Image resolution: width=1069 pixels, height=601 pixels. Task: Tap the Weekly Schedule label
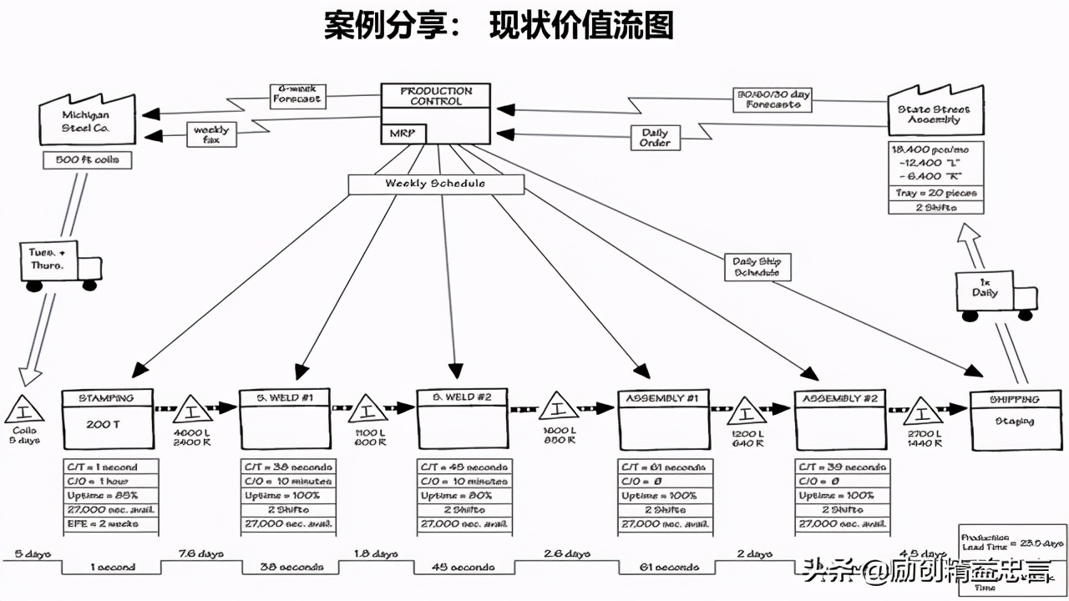tap(435, 184)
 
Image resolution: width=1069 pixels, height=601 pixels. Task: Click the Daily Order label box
tap(655, 138)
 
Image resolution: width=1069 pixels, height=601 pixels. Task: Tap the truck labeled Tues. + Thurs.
tap(58, 265)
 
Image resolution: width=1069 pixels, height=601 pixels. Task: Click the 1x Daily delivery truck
tap(995, 294)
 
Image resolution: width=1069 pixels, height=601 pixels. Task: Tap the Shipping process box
tap(1014, 421)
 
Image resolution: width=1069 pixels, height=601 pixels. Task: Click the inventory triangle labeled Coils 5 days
tap(24, 412)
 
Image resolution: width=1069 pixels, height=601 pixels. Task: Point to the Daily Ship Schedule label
tap(757, 266)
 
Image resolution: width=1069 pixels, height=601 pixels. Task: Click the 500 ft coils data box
tap(87, 160)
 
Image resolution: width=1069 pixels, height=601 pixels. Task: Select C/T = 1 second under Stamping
tap(109, 467)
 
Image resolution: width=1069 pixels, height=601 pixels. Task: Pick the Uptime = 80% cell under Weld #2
tap(462, 496)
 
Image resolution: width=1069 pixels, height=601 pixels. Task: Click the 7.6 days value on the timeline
tap(200, 553)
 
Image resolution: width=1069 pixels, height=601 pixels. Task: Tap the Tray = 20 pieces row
tap(935, 193)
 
